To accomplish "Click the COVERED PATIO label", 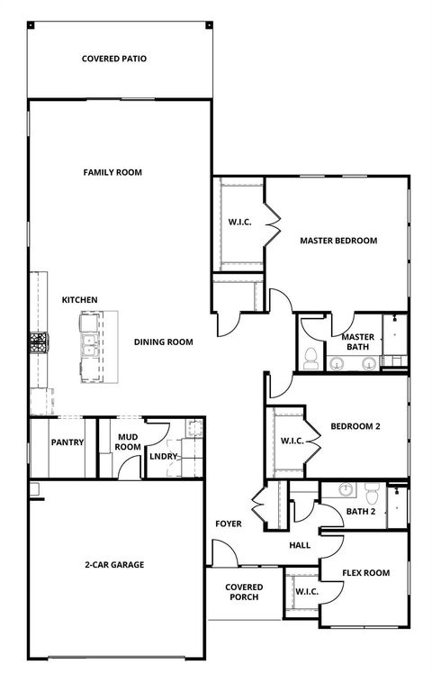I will [113, 59].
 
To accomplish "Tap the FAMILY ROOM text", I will [112, 172].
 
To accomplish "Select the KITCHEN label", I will [79, 300].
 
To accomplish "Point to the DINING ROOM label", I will [164, 342].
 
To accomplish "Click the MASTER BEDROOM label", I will [338, 241].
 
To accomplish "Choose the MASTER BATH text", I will [357, 342].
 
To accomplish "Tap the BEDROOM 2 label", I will [355, 426].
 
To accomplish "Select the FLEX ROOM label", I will [365, 572].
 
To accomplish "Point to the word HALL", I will [300, 545].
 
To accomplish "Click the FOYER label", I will [228, 524].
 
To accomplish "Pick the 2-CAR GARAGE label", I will [114, 565].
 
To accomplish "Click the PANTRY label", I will [67, 442].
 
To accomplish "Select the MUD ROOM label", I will [128, 442].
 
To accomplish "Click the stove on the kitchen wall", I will [40, 342].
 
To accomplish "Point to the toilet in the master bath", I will [310, 357].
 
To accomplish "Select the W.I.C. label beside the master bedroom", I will [238, 222].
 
